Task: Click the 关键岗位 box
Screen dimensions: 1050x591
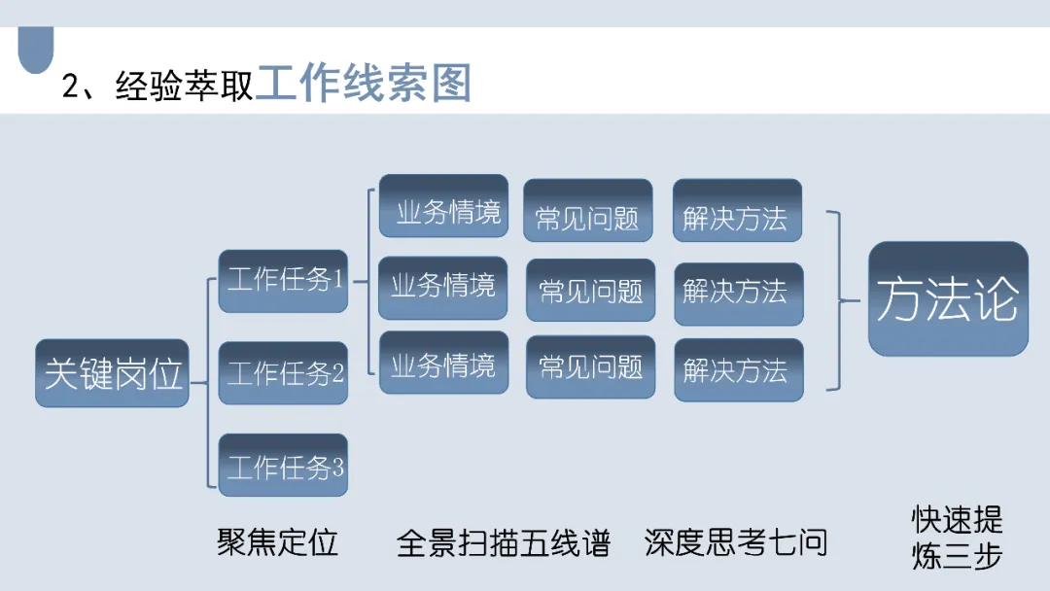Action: (x=112, y=373)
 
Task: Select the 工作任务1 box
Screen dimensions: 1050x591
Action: (x=283, y=281)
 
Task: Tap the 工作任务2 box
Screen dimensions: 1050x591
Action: (x=283, y=373)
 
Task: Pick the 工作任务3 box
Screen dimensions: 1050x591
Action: (x=283, y=467)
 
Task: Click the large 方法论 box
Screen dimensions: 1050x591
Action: (x=948, y=298)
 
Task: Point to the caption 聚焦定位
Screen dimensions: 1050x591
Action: (x=277, y=542)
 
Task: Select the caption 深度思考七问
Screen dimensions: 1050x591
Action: (x=735, y=542)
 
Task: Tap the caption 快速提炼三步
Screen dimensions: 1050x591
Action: (x=957, y=538)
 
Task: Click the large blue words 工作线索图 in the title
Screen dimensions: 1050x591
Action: (x=364, y=84)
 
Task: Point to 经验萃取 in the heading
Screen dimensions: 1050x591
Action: (x=184, y=86)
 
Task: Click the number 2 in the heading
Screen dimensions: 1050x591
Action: (x=70, y=87)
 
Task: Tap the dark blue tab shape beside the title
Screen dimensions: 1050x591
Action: (x=36, y=51)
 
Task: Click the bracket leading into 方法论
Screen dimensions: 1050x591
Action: (x=838, y=299)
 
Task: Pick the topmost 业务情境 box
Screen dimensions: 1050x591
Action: (x=443, y=210)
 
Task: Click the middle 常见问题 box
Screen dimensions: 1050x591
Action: (x=590, y=290)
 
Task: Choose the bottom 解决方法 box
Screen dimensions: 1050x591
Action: (x=739, y=369)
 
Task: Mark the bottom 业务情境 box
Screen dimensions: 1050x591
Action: (x=443, y=364)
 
